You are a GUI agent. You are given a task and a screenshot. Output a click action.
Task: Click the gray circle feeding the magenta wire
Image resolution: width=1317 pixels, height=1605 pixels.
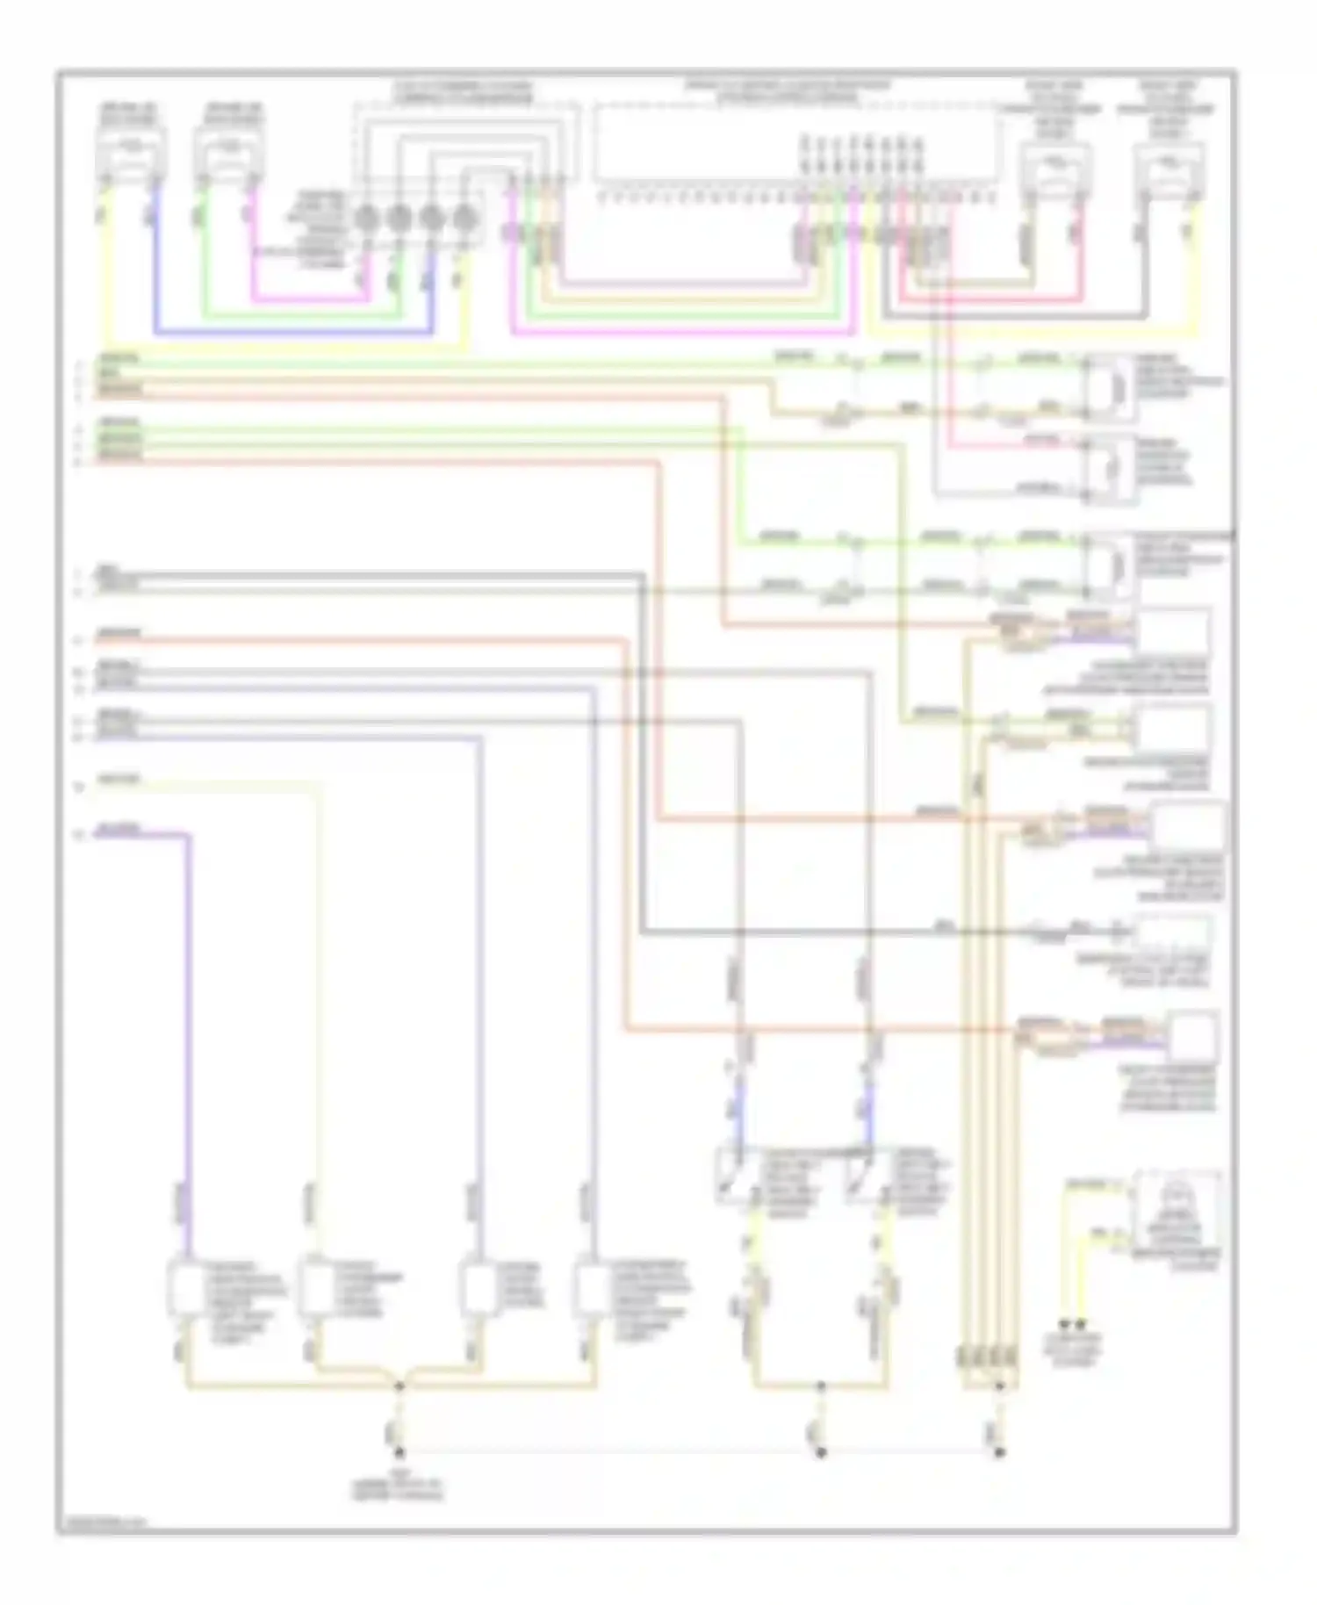(366, 216)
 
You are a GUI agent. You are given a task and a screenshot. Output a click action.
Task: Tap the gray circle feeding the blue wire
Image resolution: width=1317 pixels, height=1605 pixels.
(431, 216)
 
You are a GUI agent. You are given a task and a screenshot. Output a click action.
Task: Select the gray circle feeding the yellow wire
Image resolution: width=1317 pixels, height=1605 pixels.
(464, 216)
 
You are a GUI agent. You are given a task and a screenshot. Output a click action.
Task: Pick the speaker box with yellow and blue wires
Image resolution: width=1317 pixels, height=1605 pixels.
(129, 155)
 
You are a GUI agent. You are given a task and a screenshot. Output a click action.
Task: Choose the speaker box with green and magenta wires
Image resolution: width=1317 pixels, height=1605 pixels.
(227, 155)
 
